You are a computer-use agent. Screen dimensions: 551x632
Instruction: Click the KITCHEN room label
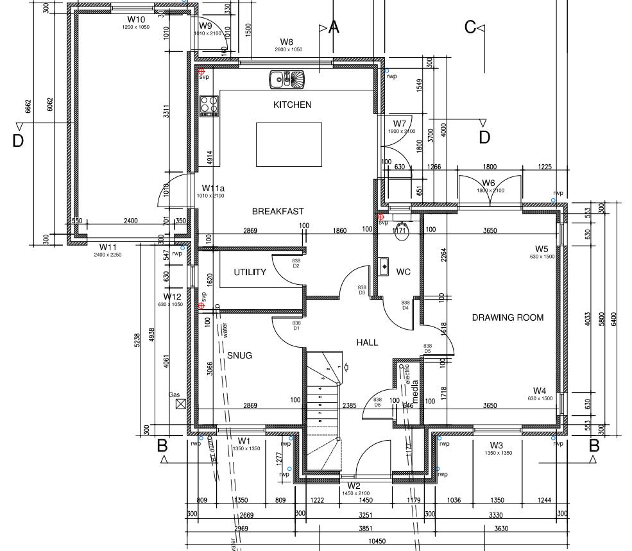[292, 105]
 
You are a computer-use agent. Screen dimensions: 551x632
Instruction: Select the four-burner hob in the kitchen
[209, 105]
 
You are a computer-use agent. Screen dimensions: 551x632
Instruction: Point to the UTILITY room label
[250, 272]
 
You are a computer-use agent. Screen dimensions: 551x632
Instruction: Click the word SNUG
[239, 355]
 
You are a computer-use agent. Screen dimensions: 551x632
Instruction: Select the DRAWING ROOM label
[508, 318]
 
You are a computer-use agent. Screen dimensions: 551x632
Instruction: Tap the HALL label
[367, 343]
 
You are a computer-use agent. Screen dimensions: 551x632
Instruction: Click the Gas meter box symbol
[180, 403]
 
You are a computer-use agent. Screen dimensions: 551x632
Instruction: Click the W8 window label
[286, 42]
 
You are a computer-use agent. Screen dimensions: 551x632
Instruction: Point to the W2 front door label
[354, 486]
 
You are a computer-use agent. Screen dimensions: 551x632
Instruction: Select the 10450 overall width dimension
[377, 541]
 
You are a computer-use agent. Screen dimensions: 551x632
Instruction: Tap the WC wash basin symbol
[382, 265]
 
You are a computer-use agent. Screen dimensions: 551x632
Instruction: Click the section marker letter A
[333, 27]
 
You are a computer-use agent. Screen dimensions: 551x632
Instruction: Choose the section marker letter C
[470, 27]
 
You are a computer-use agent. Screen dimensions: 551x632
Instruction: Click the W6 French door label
[488, 183]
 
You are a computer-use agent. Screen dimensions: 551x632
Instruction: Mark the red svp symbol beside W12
[201, 306]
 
